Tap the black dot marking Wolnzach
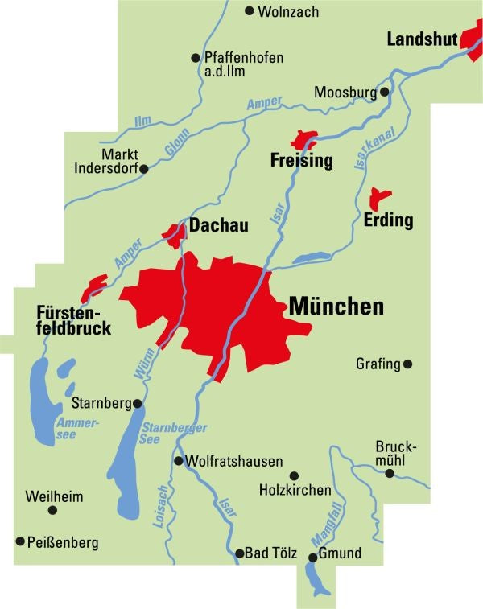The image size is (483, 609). (250, 11)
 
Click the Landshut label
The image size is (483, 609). (422, 39)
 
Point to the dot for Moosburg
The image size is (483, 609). (385, 92)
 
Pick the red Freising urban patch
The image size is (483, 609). (306, 139)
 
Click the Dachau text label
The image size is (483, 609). (218, 228)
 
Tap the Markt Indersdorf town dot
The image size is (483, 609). (144, 169)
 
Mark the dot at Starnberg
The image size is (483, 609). (138, 403)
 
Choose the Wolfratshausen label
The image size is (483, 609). (233, 462)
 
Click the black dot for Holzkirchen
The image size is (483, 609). (294, 475)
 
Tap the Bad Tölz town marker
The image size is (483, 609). (239, 553)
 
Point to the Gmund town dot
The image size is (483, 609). (313, 554)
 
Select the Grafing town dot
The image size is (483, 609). (407, 364)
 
